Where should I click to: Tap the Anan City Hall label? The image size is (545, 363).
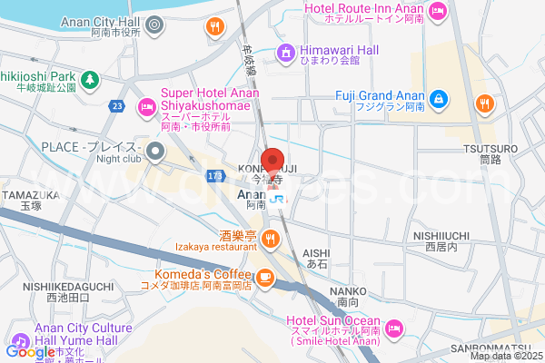(x=101, y=21)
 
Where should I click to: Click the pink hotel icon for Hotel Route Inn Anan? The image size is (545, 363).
(x=438, y=11)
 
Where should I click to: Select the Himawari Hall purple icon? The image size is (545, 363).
(x=285, y=54)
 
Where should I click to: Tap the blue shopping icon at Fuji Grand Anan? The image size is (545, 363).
(x=438, y=97)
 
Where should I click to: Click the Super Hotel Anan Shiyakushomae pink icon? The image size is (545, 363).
(x=145, y=108)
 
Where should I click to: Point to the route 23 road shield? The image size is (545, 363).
(x=117, y=106)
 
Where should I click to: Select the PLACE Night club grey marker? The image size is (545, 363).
(x=154, y=151)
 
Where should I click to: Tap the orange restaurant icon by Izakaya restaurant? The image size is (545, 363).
(x=270, y=239)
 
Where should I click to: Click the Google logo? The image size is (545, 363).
(x=30, y=351)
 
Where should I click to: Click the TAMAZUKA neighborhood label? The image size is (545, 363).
(x=30, y=194)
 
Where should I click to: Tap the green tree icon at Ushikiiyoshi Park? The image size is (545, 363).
(x=90, y=82)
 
